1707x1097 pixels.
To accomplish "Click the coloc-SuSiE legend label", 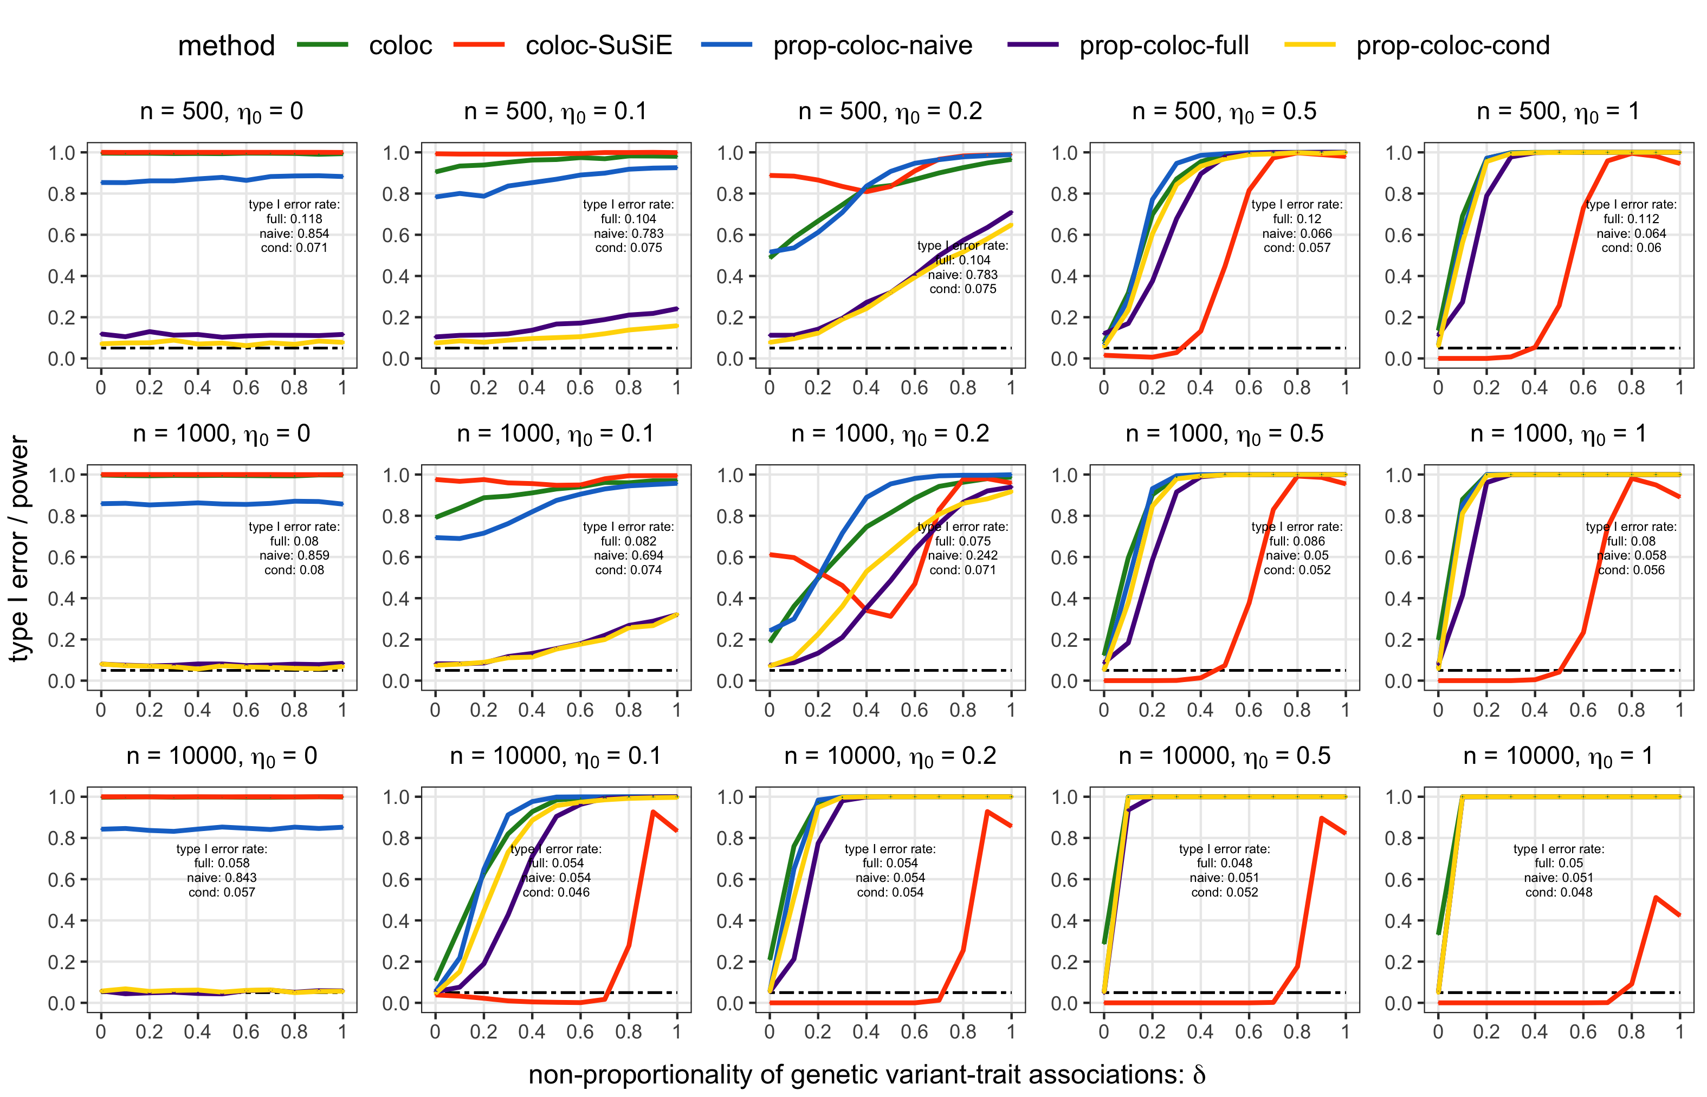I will [598, 46].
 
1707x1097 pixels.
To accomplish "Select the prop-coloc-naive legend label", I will [872, 46].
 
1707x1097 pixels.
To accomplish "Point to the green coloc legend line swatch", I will [322, 45].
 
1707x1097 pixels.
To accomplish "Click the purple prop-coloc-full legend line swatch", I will [1032, 45].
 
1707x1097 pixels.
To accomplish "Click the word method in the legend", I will [226, 46].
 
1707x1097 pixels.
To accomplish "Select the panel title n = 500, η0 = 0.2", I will [890, 112].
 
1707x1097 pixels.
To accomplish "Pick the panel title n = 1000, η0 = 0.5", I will [1224, 434].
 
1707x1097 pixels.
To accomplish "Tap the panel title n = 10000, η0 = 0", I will [222, 756].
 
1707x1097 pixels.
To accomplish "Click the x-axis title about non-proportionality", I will [867, 1074].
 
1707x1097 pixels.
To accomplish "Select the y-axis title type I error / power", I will [20, 548].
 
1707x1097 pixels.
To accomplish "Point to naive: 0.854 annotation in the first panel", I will [294, 233].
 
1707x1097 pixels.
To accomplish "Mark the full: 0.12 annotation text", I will [1297, 219].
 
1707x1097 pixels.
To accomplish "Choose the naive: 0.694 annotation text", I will [629, 556].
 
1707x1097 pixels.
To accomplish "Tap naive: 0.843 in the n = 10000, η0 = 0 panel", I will [222, 878].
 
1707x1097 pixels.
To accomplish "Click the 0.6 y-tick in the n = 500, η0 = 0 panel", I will [61, 235].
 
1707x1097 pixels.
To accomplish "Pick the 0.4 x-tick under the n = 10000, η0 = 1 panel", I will [1534, 1031].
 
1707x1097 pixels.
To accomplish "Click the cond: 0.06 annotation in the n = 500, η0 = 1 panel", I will [1631, 248].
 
